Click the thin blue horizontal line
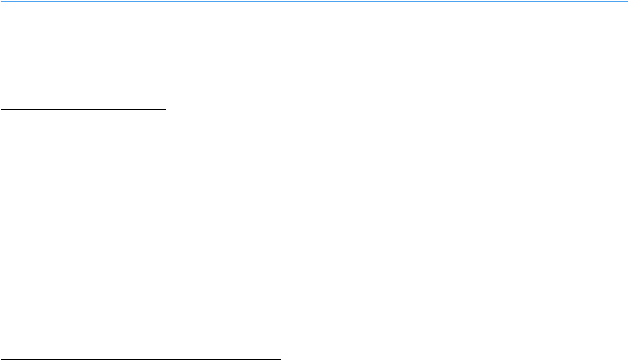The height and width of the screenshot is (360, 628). [x=314, y=1]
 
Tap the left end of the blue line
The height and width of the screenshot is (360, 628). [x=1, y=1]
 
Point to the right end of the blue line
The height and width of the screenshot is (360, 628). [x=626, y=1]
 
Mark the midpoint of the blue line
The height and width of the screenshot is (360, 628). [x=314, y=1]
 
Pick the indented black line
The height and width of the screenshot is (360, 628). [x=103, y=218]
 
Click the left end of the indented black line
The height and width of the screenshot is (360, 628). [x=35, y=218]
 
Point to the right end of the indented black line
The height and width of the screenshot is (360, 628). [x=171, y=218]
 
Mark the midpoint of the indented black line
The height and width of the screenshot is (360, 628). [x=103, y=218]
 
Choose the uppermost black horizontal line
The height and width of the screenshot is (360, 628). [x=83, y=110]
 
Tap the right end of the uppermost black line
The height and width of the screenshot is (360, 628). [x=165, y=110]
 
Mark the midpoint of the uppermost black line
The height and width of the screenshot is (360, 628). [x=83, y=110]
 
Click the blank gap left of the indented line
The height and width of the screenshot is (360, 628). [x=16, y=218]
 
